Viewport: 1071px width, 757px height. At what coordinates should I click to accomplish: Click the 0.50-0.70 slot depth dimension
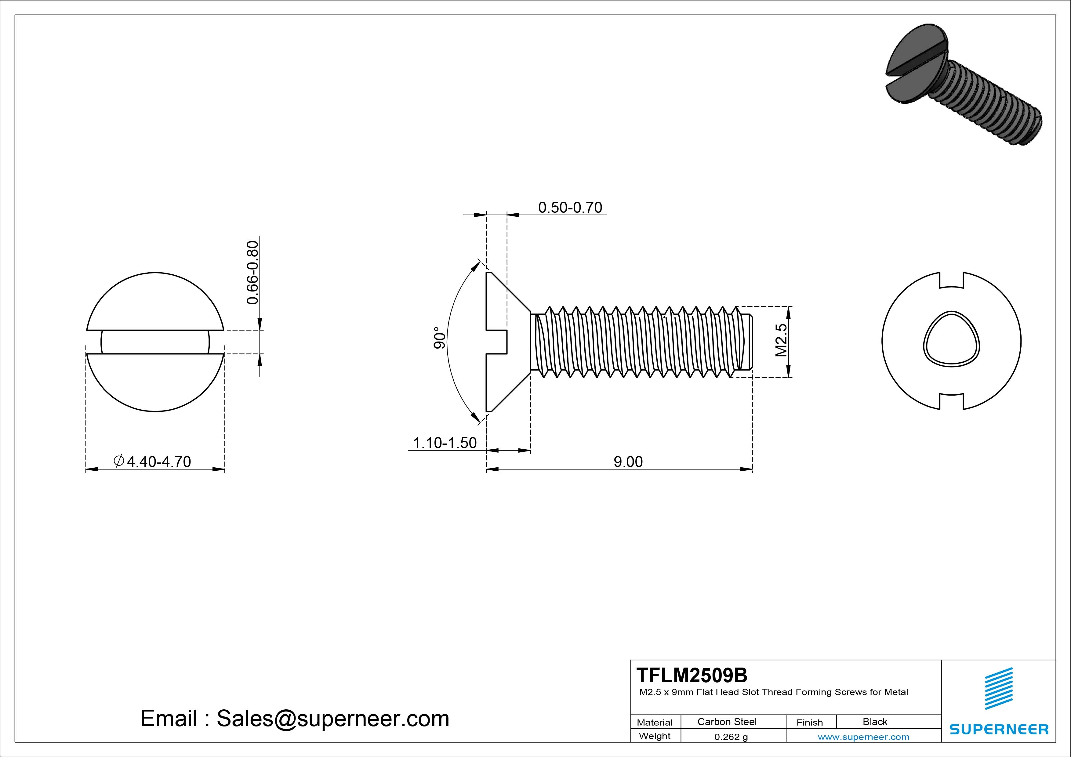[570, 208]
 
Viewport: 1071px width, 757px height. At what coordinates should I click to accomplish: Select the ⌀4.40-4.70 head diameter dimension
[153, 461]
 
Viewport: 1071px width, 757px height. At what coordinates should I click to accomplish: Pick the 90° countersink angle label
[439, 338]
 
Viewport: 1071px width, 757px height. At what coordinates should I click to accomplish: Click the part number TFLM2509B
[692, 675]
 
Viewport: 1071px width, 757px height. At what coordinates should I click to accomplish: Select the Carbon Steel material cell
[727, 722]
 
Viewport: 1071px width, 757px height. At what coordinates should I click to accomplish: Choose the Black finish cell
[875, 722]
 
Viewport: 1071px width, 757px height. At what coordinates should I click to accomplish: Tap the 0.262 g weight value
[731, 737]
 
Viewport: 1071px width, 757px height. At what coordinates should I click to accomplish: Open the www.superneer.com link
[863, 737]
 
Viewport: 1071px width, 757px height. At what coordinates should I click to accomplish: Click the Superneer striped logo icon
[998, 688]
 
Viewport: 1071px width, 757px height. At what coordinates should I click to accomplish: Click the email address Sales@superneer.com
[332, 719]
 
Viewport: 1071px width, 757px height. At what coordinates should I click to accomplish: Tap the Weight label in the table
[655, 736]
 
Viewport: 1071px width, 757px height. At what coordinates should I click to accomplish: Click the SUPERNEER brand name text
[999, 729]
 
